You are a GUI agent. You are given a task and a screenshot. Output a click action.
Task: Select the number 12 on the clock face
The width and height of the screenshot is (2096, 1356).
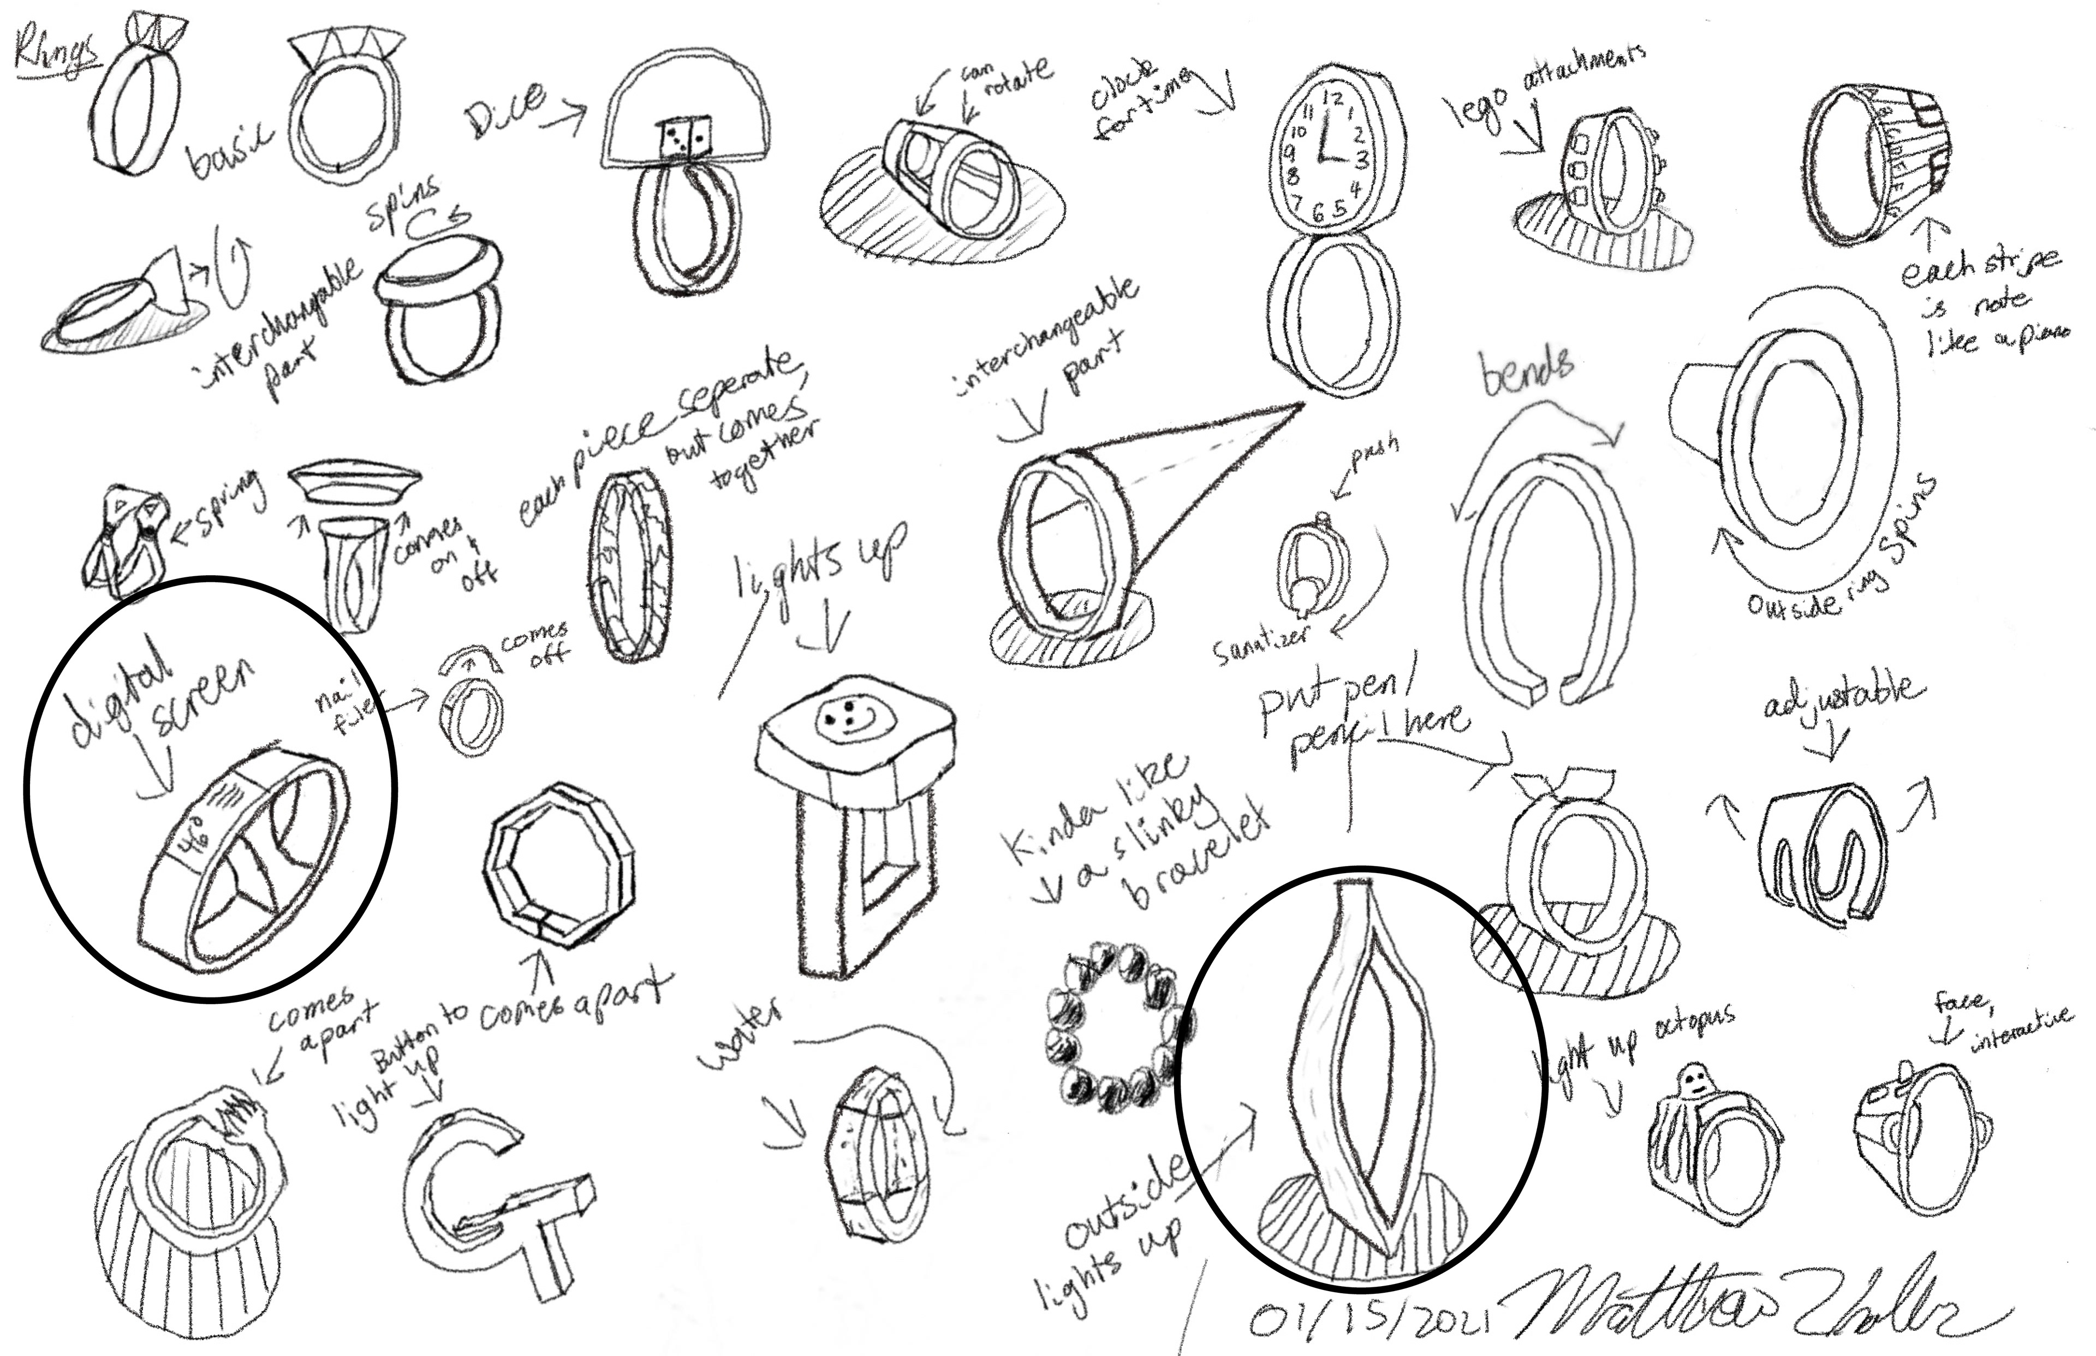point(1334,99)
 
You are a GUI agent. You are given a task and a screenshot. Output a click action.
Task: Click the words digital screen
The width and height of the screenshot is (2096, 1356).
point(158,701)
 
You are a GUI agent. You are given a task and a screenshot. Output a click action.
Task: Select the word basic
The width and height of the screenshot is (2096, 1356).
point(229,152)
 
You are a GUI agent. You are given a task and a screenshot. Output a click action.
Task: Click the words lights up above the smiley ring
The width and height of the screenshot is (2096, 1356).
point(819,564)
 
